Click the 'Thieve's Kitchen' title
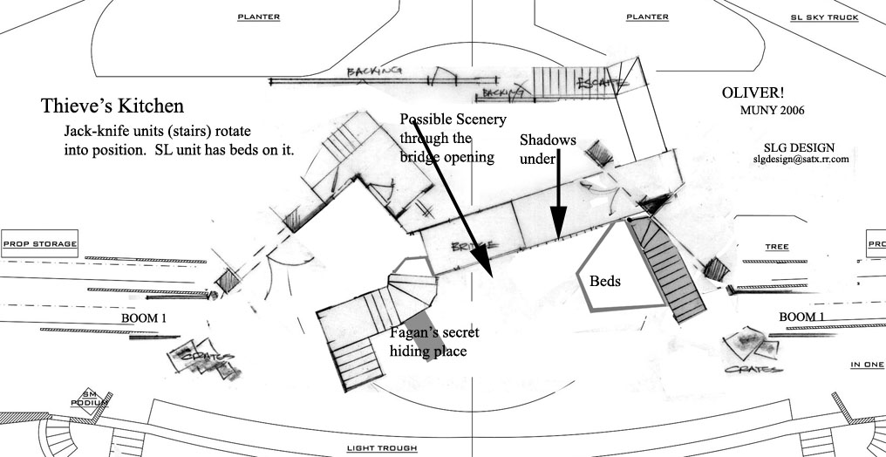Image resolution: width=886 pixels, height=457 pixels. (112, 106)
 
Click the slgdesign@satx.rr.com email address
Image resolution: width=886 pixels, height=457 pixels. (801, 160)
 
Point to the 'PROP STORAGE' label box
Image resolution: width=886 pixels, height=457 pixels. (39, 244)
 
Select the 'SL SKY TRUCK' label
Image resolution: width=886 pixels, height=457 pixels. (824, 17)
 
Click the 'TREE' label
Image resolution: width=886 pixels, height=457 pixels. (776, 247)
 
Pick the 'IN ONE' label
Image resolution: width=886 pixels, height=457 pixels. (867, 364)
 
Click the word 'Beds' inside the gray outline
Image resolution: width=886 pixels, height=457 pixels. (605, 282)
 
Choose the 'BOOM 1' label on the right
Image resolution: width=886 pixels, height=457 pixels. (802, 316)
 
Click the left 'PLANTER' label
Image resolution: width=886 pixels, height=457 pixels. (258, 17)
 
